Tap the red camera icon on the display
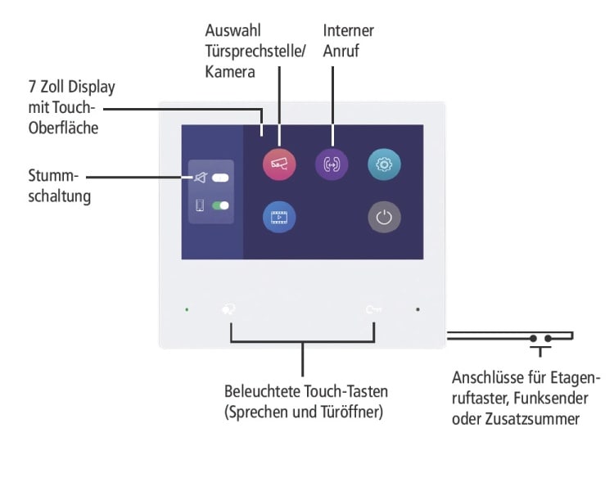(x=279, y=164)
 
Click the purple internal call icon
(x=332, y=164)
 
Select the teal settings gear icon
(x=384, y=164)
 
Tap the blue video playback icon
(x=279, y=217)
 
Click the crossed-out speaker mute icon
(x=200, y=178)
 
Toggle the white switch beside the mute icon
(x=220, y=178)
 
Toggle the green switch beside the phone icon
(x=220, y=205)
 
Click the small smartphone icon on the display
(x=200, y=205)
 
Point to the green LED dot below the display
(x=187, y=309)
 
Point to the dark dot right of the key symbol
(x=418, y=309)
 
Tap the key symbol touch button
(x=373, y=309)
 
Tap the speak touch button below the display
(x=228, y=309)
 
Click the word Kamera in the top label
(x=230, y=72)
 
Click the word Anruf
(x=341, y=51)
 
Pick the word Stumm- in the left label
(x=53, y=175)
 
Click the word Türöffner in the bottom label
(x=351, y=412)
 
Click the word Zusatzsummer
(x=532, y=419)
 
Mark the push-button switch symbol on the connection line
(x=540, y=343)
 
